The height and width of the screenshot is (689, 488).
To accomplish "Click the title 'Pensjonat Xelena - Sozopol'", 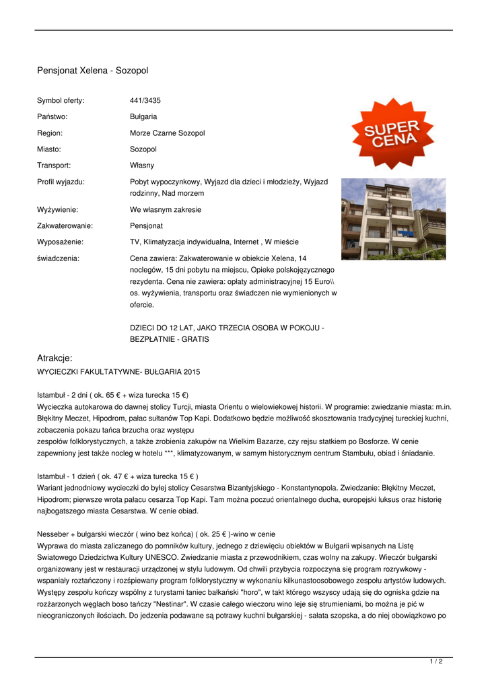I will pos(92,71).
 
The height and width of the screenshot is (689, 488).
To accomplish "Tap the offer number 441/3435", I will pos(145,100).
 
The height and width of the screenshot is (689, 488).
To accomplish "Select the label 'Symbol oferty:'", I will pos(61,100).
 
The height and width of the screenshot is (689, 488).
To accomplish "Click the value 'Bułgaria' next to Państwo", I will pos(143,116).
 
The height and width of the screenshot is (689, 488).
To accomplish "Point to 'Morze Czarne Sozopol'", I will pos(167,133).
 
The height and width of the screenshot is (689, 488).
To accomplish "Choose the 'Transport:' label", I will pos(54,165).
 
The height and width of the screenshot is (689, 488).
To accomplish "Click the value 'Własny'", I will pos(142,165).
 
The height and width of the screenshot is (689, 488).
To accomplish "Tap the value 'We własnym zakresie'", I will pos(165,209).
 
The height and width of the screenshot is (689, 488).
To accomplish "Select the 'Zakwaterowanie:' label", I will pos(65,225).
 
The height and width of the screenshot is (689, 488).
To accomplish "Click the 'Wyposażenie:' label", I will pos(60,242).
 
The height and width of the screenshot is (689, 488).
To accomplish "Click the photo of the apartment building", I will pos(393,219).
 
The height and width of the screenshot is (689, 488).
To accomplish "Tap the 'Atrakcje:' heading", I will pos(55,358).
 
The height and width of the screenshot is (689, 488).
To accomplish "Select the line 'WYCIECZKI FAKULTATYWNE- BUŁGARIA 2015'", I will pos(118,371).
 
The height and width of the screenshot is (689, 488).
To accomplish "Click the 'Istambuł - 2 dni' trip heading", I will pos(112,394).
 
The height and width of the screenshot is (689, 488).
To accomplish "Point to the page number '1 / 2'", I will pos(436,662).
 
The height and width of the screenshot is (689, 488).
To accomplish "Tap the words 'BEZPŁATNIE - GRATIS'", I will pos(169,339).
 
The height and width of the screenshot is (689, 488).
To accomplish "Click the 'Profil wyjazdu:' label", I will pos(61,182).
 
